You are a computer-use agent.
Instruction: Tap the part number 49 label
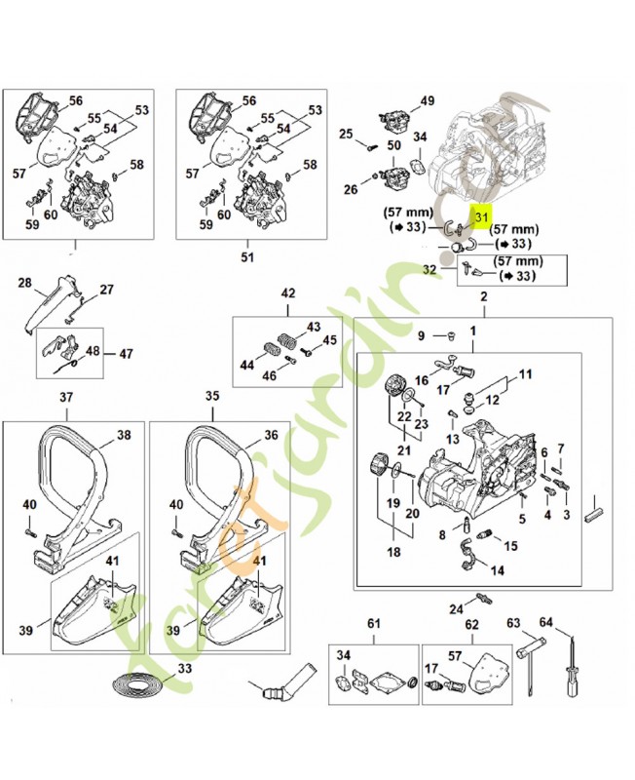427,101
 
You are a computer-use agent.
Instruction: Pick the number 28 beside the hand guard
26,285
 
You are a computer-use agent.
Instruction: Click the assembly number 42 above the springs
287,293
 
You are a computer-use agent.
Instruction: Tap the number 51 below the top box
246,257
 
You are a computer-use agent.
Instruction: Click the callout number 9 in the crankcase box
421,336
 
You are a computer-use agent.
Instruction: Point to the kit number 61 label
373,623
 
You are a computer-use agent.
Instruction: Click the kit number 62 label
470,623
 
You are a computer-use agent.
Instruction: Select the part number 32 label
430,270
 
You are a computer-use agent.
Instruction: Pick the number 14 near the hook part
484,570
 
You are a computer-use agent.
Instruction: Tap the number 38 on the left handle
124,436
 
